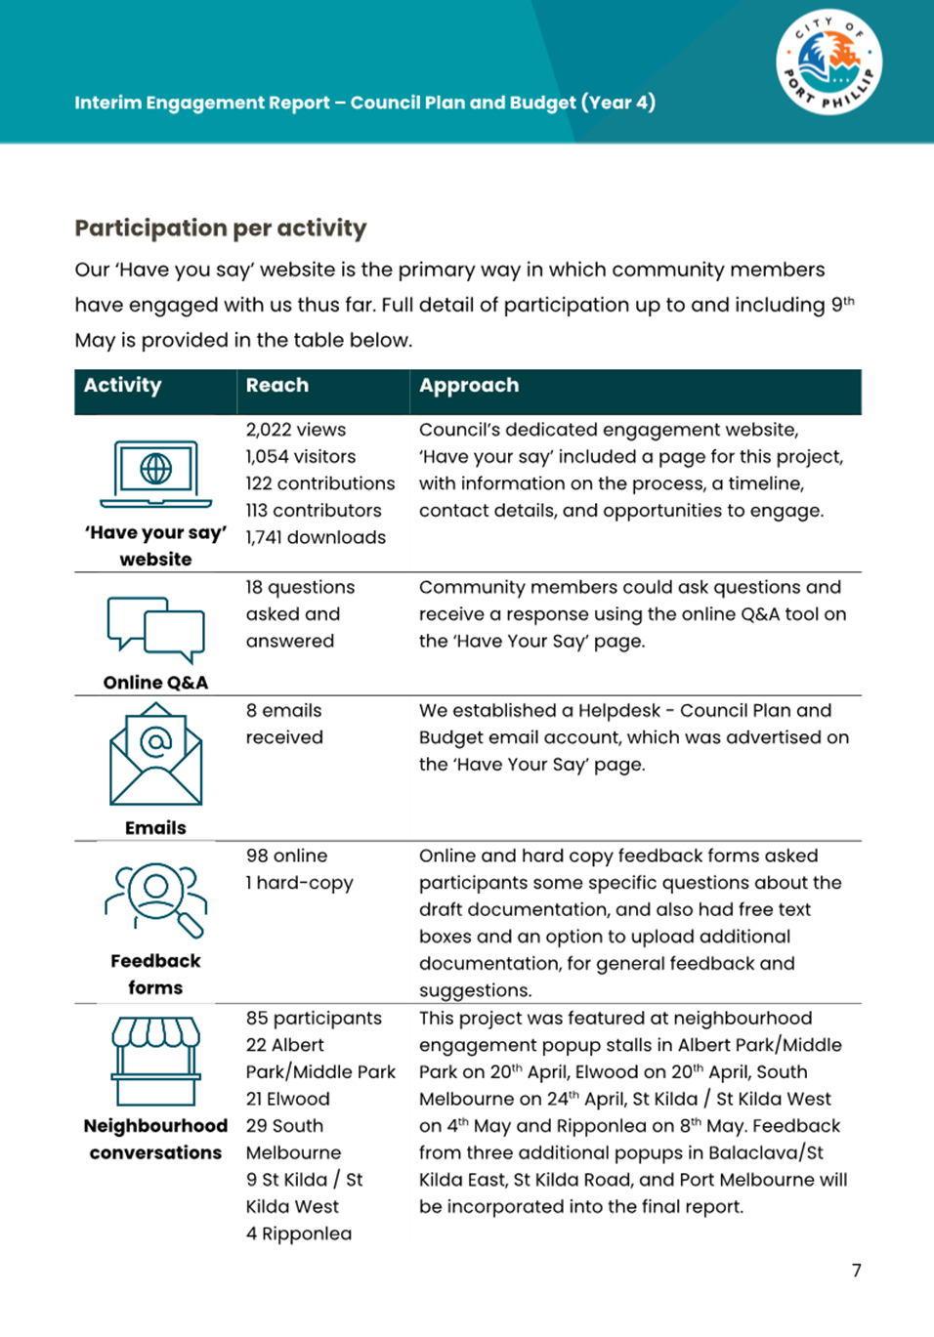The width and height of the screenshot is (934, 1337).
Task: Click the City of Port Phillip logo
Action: (x=829, y=63)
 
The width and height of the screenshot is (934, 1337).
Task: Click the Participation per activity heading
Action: (x=221, y=229)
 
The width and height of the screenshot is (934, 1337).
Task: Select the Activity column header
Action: (x=122, y=386)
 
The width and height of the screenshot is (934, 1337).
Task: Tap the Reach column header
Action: (x=276, y=386)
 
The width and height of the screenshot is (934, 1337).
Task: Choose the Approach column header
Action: (x=469, y=386)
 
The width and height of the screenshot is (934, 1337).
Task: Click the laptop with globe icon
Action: (x=156, y=474)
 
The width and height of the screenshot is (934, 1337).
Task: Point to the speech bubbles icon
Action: (x=156, y=628)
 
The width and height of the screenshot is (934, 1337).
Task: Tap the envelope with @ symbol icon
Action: (x=156, y=755)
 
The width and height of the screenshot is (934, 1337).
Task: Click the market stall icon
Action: (x=156, y=1061)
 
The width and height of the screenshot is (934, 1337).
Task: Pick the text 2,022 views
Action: (x=296, y=430)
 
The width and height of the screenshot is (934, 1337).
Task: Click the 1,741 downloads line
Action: (x=316, y=537)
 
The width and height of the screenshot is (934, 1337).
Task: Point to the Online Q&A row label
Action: (x=156, y=683)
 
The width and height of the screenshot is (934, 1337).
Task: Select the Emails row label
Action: (x=156, y=828)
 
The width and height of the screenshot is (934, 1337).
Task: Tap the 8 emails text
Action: (x=283, y=711)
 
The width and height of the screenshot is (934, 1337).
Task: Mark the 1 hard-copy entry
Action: (x=299, y=883)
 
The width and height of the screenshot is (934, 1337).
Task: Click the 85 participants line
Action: (x=314, y=1018)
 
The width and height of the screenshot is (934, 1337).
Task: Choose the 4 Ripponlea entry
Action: (x=299, y=1233)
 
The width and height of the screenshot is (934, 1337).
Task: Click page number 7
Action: (x=857, y=1271)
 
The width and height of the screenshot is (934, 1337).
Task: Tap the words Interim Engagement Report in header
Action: (x=202, y=103)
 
